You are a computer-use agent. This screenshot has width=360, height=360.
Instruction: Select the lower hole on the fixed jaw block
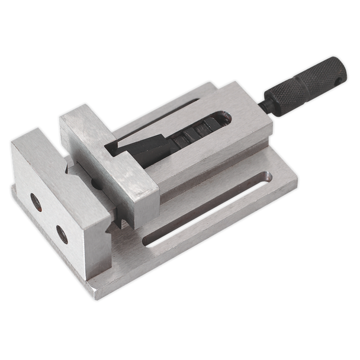coord(60,232)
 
